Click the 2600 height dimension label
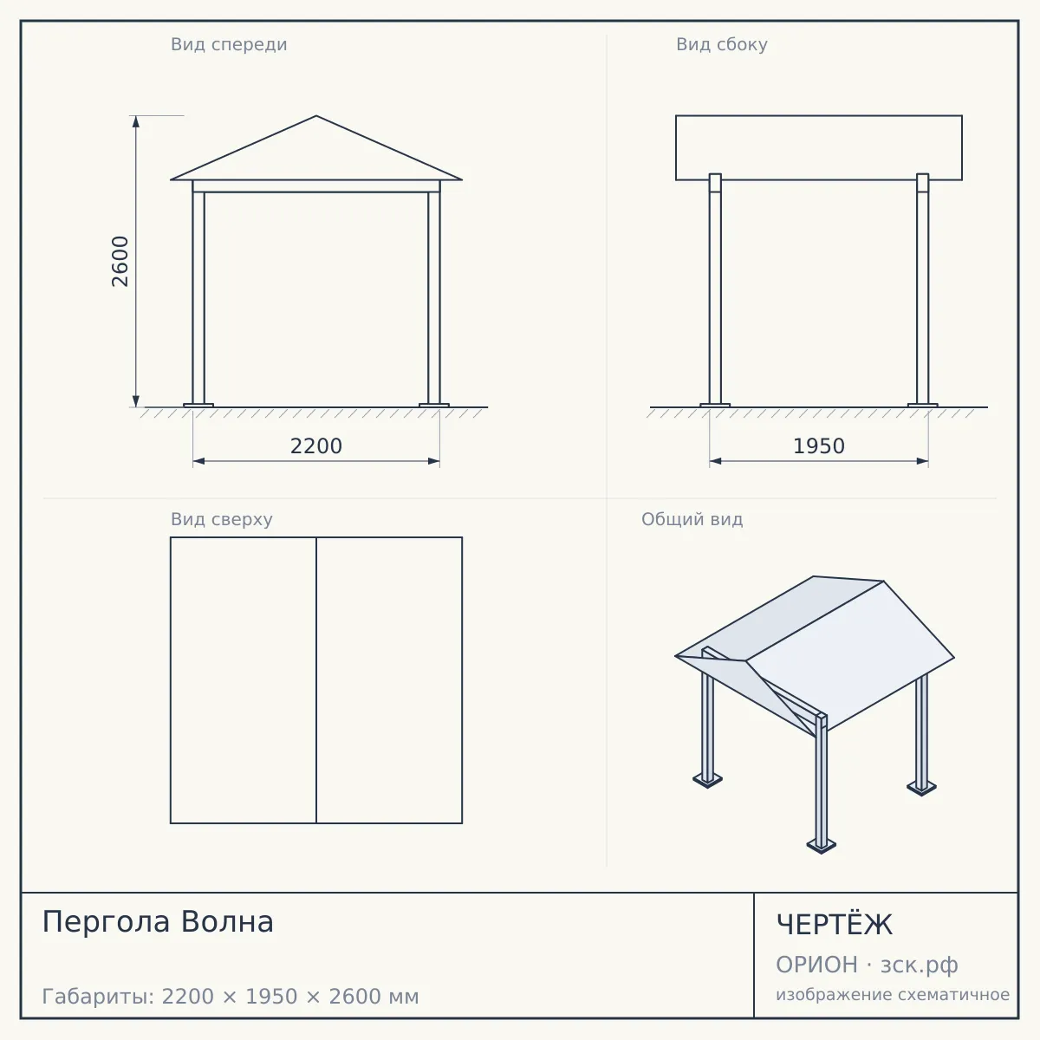[120, 261]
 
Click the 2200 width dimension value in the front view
[316, 446]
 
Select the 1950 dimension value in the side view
[819, 446]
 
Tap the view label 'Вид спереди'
[229, 44]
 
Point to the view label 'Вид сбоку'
[722, 44]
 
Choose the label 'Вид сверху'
[222, 519]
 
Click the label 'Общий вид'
[692, 519]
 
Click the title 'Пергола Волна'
[158, 922]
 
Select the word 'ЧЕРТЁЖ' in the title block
[835, 925]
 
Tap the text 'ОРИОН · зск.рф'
[867, 965]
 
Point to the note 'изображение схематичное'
[893, 994]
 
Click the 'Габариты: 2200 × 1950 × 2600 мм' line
[231, 997]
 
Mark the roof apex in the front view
[316, 115]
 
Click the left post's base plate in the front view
[198, 406]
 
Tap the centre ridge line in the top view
[316, 680]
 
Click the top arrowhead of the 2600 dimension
[136, 121]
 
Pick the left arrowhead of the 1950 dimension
[716, 461]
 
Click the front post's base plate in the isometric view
[821, 846]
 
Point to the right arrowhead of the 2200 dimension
[434, 461]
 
